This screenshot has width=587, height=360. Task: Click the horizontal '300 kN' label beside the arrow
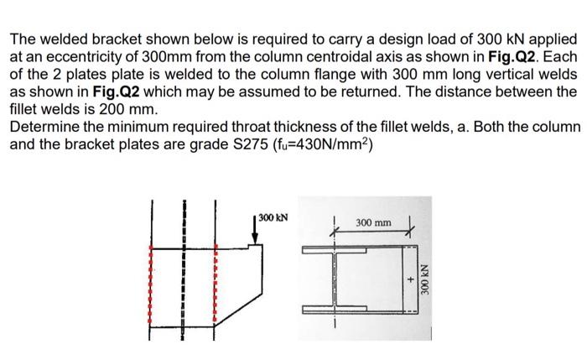click(272, 217)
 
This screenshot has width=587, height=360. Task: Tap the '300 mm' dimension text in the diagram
click(373, 222)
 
